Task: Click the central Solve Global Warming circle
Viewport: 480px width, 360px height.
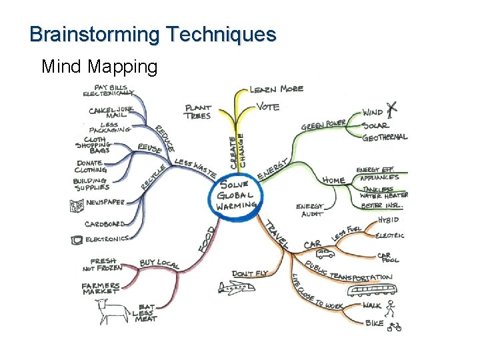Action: click(x=235, y=194)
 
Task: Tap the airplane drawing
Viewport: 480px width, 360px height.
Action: click(x=235, y=287)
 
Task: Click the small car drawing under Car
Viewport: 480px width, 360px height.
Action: click(x=325, y=253)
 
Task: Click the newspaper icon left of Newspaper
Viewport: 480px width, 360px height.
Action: click(x=75, y=206)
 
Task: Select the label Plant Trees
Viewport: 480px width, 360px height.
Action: click(x=197, y=111)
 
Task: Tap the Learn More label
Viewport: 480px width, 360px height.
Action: click(x=277, y=89)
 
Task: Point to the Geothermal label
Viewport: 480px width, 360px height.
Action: click(x=385, y=137)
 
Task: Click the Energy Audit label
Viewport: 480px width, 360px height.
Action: click(x=310, y=210)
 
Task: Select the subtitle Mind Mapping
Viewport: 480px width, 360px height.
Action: click(x=99, y=67)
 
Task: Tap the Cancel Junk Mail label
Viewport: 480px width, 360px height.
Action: click(x=111, y=111)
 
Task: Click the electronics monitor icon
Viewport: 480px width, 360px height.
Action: click(x=75, y=239)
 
